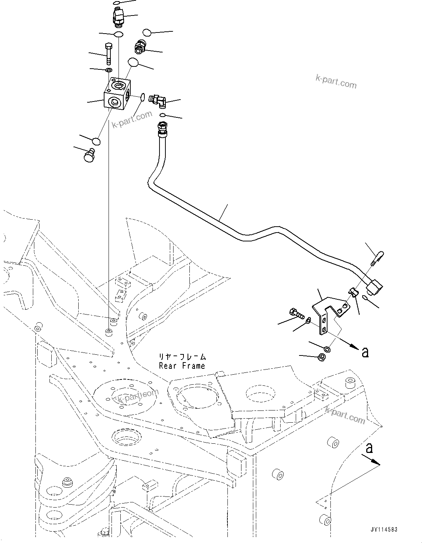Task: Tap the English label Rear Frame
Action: point(182,366)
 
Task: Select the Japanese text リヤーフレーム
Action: point(182,357)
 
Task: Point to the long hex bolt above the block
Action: point(109,54)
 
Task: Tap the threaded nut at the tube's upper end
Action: point(162,127)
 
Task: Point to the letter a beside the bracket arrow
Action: point(365,352)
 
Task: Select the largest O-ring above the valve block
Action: point(133,62)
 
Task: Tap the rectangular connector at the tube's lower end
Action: point(374,287)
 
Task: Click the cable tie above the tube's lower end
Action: point(377,257)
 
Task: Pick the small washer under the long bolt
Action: point(109,70)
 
